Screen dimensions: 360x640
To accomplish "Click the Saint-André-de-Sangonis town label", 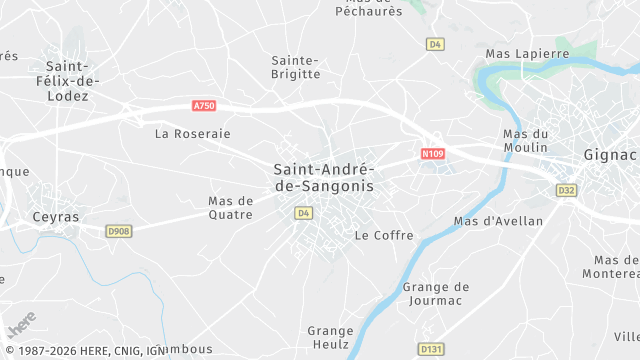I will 323,178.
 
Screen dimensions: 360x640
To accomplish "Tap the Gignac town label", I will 610,155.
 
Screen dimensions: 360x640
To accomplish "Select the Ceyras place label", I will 55,216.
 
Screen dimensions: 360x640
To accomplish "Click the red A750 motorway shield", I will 204,105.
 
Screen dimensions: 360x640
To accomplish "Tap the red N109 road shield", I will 432,154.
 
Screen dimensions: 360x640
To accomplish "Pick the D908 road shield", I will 119,231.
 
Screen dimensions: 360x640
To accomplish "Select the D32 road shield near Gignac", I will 567,189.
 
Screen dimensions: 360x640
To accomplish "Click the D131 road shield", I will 430,348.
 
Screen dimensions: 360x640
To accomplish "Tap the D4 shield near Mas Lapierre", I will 434,44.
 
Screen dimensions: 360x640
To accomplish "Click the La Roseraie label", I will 193,133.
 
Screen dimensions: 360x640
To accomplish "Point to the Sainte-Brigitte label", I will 296,67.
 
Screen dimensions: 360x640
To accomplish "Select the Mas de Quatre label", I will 231,207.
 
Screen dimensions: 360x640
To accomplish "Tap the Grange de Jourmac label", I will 436,294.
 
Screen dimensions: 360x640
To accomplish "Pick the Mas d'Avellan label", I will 498,221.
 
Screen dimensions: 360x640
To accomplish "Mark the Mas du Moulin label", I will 526,140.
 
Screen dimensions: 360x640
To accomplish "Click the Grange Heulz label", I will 330,337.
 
